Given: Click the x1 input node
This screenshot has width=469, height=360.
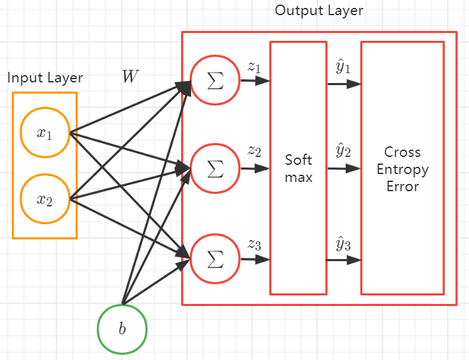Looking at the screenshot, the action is pos(45,133).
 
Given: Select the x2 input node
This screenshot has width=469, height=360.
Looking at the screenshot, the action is pos(45,199).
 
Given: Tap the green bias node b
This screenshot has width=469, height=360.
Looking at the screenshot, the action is pos(122,329).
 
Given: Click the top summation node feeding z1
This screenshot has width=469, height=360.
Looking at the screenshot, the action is pos(215,80).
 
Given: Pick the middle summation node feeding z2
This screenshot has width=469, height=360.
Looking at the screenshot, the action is pos(215,168).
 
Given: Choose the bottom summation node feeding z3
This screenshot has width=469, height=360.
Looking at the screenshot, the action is pos(215,258).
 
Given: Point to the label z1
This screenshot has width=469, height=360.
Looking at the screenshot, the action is pos(254,67).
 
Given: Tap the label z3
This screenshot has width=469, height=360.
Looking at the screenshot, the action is pos(254,245).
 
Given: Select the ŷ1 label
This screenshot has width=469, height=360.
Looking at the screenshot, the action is pos(343,67).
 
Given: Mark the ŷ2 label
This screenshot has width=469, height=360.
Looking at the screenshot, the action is pos(343,150).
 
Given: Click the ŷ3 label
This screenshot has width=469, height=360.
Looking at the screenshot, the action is pos(343,244).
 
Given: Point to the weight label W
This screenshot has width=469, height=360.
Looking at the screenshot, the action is pos(130,76).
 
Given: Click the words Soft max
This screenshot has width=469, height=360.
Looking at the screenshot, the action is pos(298,168).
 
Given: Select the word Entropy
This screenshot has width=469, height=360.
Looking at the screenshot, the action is pos(402,170).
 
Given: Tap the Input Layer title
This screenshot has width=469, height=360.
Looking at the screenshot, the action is pos(45,78).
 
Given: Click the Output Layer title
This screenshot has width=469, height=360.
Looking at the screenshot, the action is pos(319,11).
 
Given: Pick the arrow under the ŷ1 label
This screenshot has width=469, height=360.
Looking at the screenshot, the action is pos(345,84).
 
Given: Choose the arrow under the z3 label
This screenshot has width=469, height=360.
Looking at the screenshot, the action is pos(256,259).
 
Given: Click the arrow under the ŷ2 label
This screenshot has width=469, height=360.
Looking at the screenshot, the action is pos(345,169).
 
